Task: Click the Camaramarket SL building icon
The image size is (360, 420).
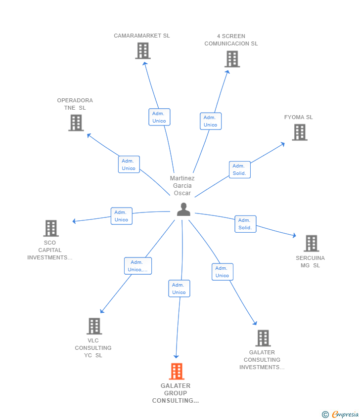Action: click(x=143, y=51)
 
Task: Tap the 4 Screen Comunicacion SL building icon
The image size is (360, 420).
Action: click(x=232, y=59)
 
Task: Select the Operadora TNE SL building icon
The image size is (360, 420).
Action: click(x=76, y=123)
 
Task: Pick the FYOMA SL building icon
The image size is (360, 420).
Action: click(x=299, y=132)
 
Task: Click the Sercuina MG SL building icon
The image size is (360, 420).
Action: click(x=311, y=244)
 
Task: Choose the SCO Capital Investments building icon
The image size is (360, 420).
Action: click(x=51, y=228)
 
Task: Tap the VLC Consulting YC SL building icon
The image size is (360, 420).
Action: click(x=94, y=326)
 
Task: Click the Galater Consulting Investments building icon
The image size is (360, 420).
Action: click(x=263, y=338)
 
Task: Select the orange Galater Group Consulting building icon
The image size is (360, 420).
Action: click(x=176, y=371)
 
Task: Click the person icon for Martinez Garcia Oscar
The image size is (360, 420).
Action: click(x=183, y=210)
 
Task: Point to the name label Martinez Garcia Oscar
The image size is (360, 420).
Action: click(x=182, y=186)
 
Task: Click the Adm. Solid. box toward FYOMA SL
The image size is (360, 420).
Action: click(x=239, y=169)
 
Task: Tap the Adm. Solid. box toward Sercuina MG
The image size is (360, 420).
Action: click(x=245, y=224)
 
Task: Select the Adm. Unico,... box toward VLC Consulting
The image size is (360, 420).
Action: click(x=137, y=266)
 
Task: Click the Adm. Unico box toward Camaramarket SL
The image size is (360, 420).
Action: click(x=159, y=117)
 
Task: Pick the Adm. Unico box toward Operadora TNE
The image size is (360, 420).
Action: click(x=129, y=165)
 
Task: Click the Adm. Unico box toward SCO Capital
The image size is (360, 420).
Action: click(x=121, y=216)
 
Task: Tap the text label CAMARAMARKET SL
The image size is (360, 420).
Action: click(x=141, y=36)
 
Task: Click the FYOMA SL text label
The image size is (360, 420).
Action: click(x=298, y=117)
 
